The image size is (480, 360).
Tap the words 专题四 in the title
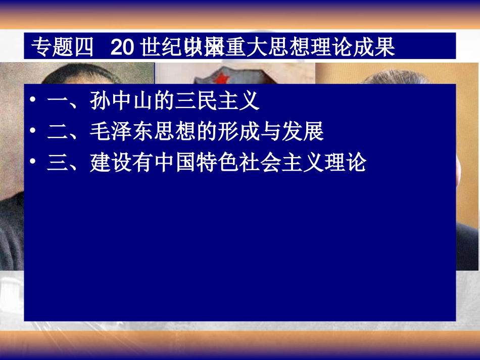click(62, 47)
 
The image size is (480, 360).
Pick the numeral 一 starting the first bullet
click(58, 101)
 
